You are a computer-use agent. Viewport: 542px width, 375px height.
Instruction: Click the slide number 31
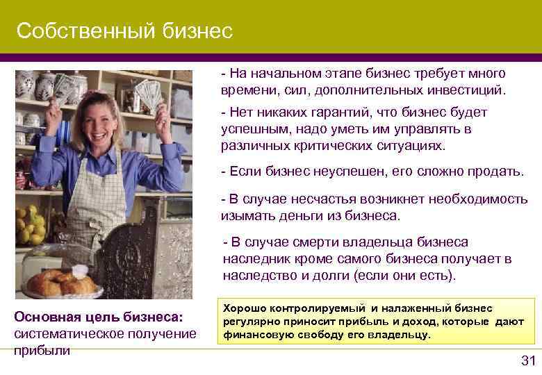pos(528,360)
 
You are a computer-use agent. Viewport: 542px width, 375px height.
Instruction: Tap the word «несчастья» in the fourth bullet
pos(318,199)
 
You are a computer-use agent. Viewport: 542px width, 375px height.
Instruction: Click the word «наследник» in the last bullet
pos(253,258)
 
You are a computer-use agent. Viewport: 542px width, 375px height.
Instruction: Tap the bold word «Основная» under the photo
pos(47,317)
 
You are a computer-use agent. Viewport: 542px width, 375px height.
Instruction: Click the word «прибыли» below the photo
pos(42,350)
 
